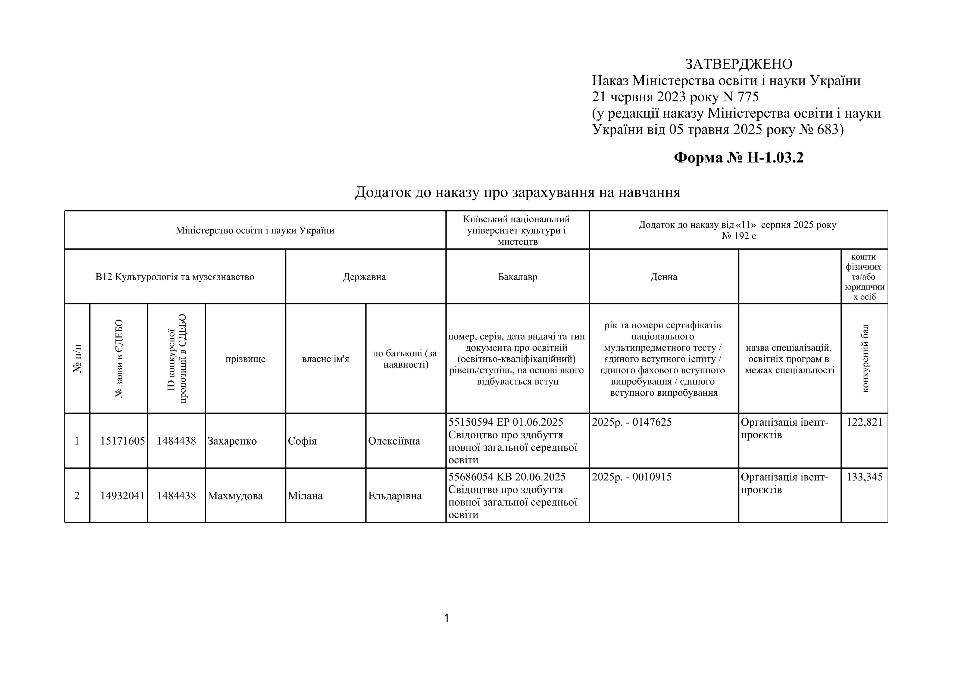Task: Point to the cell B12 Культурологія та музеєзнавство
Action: (x=175, y=277)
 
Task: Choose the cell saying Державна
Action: (x=364, y=277)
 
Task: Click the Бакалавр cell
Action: (x=518, y=277)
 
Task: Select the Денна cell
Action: (x=664, y=277)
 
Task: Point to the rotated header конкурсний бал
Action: (x=865, y=358)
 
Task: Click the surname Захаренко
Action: (x=232, y=441)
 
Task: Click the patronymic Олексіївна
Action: (x=394, y=441)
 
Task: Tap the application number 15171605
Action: (x=123, y=441)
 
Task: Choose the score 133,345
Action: (x=865, y=477)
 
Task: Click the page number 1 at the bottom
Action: (x=447, y=618)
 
